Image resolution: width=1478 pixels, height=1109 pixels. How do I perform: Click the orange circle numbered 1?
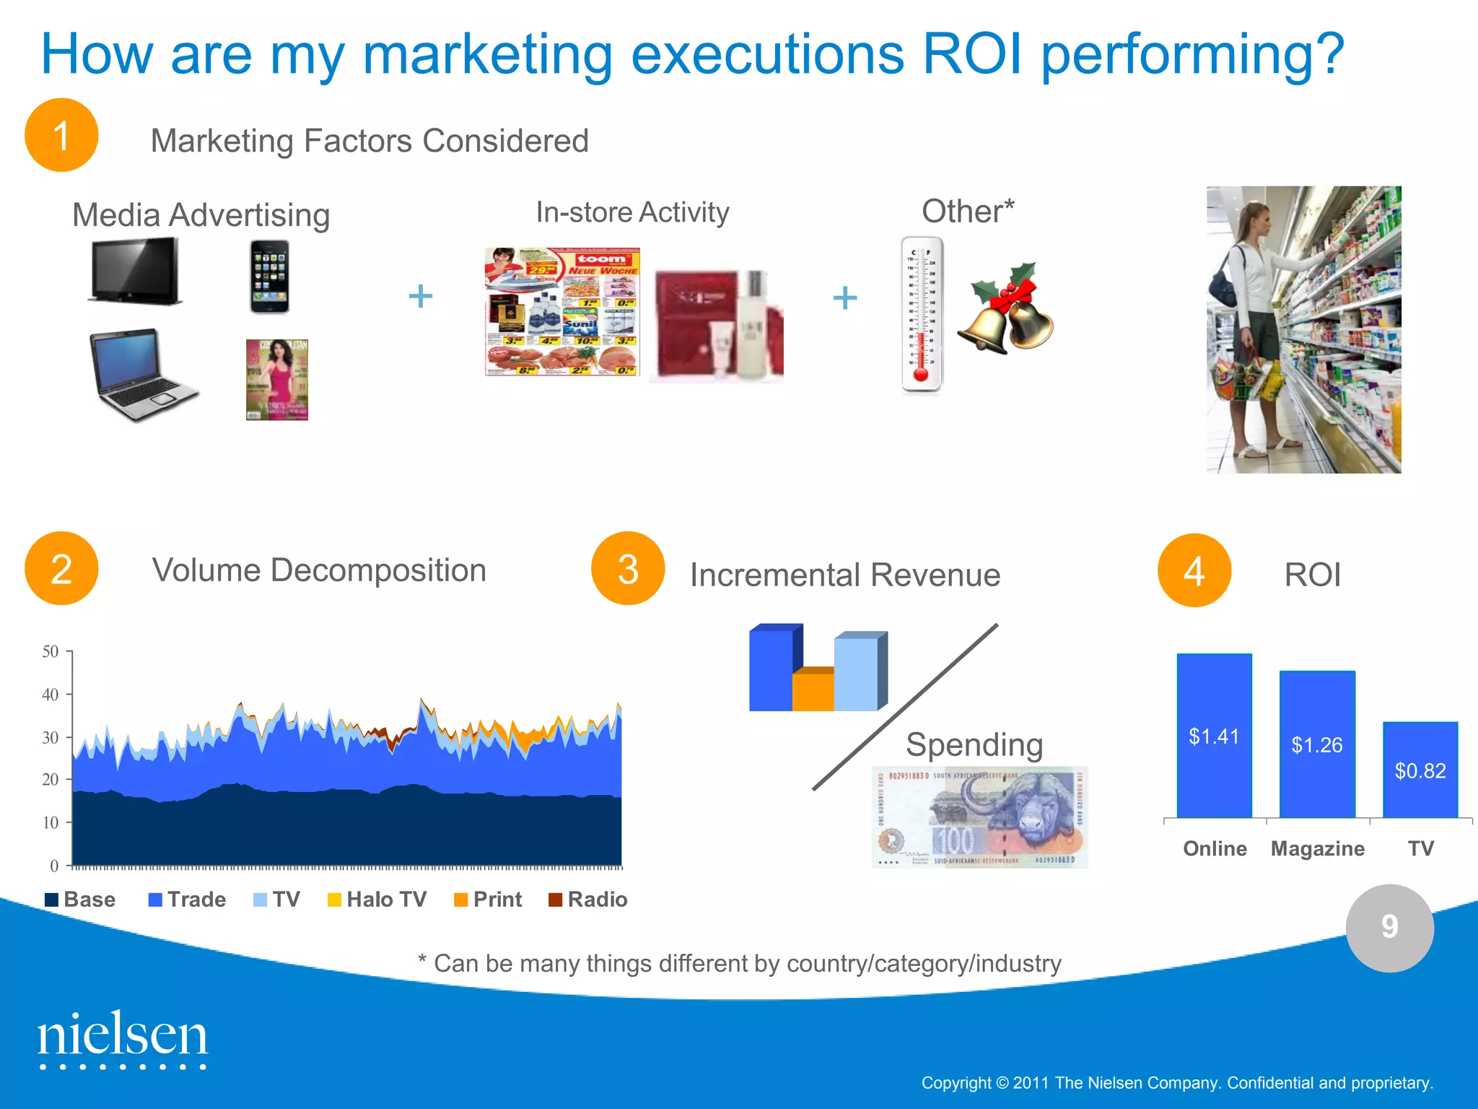[61, 135]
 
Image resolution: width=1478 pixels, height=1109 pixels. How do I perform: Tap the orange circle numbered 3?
[627, 569]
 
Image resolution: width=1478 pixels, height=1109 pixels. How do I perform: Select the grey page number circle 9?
[1389, 928]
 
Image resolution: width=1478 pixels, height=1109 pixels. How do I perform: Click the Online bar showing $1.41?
[1214, 736]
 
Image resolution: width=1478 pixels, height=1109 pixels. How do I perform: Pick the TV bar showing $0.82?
[1420, 770]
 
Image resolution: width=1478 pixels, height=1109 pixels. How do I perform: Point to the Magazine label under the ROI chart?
[1317, 848]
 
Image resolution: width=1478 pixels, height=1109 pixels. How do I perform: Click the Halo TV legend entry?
[377, 900]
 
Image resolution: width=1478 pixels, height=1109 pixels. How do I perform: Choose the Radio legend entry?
[588, 900]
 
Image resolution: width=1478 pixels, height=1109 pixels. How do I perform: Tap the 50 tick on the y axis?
[50, 651]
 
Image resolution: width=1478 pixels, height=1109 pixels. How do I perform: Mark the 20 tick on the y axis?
[50, 780]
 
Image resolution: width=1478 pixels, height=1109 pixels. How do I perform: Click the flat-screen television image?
[136, 271]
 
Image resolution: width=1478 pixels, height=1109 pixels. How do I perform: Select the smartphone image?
[269, 277]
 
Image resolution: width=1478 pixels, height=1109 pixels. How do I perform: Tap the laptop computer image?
[141, 374]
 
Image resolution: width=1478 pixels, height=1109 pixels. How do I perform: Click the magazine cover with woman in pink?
[277, 380]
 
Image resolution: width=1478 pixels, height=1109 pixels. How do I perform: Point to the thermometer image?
[922, 314]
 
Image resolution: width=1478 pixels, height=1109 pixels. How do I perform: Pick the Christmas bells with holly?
[1006, 309]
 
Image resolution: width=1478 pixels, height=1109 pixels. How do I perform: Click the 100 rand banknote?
[979, 817]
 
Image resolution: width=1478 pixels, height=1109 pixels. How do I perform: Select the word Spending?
[974, 744]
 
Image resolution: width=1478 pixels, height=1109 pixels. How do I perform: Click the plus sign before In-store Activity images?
[421, 296]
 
